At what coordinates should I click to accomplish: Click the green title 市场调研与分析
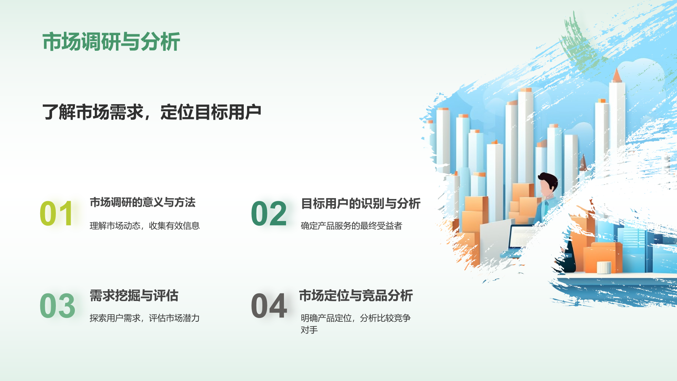point(111,42)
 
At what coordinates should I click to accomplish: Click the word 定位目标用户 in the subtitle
point(211,112)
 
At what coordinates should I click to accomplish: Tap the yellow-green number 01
point(57,214)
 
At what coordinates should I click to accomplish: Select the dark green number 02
point(269,214)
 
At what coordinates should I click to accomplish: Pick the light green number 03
point(57,306)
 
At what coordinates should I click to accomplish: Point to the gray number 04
point(269,306)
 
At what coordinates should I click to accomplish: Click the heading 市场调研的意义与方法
point(142,202)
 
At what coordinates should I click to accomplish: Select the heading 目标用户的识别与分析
point(361,204)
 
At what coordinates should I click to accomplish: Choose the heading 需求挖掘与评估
point(134,295)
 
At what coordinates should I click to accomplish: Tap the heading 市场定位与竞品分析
point(356,295)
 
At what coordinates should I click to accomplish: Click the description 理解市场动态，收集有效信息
point(144,226)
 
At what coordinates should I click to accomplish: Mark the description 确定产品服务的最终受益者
point(351,226)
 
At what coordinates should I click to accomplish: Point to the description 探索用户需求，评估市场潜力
point(144,318)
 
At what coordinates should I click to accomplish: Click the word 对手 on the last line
point(309,330)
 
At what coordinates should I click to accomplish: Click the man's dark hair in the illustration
point(549,179)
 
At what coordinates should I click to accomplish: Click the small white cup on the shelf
point(604,267)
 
